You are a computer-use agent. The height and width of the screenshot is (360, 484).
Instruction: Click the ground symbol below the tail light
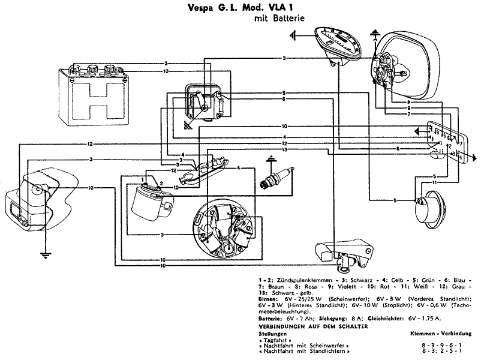[x=44, y=254]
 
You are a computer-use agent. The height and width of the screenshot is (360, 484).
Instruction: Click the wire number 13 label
[x=285, y=149]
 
